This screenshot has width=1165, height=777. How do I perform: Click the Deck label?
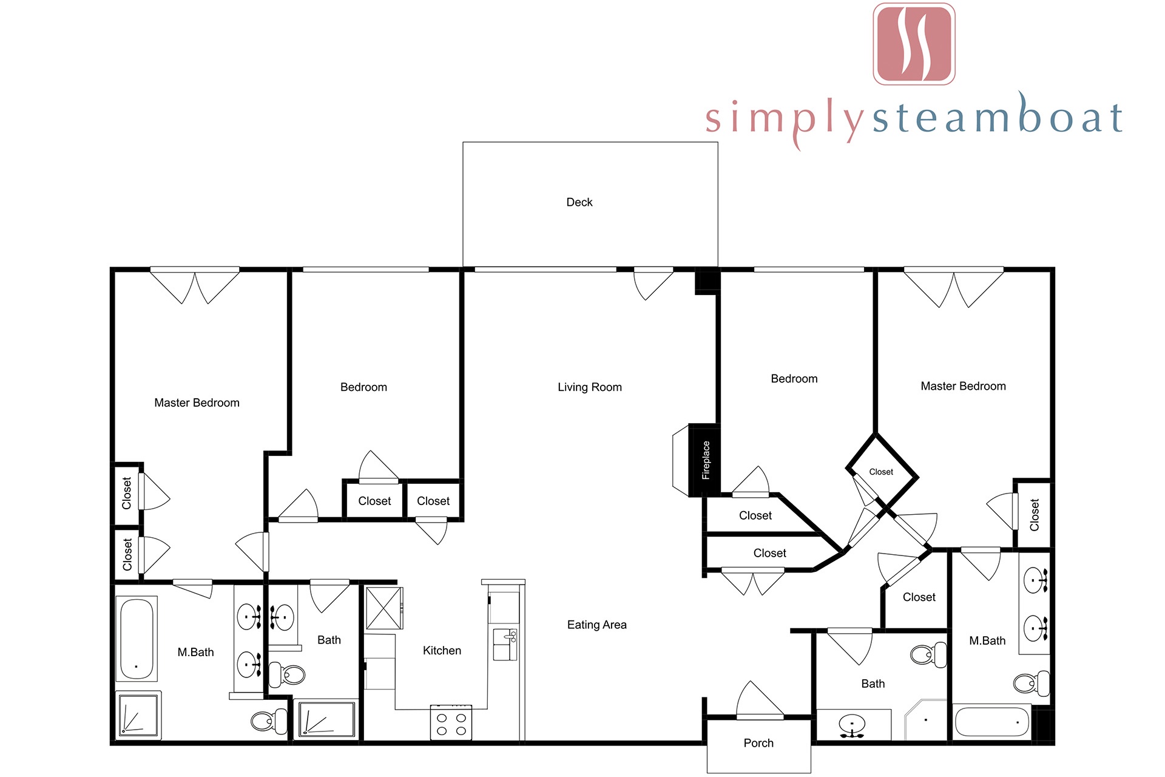click(579, 202)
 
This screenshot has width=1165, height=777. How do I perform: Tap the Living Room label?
click(590, 387)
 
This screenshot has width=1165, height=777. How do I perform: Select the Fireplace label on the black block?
click(706, 460)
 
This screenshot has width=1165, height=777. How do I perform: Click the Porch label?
click(758, 743)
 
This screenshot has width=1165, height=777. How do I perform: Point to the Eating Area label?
click(597, 625)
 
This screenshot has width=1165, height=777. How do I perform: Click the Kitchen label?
click(442, 651)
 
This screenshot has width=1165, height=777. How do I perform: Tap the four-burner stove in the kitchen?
click(451, 723)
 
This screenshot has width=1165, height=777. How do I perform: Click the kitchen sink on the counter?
click(505, 645)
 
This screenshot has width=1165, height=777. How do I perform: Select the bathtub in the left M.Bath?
click(137, 639)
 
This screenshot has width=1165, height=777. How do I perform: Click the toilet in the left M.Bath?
click(269, 721)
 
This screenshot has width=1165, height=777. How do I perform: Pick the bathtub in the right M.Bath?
click(992, 722)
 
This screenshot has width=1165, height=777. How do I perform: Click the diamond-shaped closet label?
click(881, 472)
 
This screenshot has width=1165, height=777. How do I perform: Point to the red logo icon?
click(914, 44)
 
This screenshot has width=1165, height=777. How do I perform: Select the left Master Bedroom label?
click(197, 403)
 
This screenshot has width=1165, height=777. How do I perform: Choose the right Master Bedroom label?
click(963, 386)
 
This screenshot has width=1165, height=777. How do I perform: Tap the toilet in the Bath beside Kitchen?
click(286, 674)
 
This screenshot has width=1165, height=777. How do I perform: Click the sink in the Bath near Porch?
click(853, 726)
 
